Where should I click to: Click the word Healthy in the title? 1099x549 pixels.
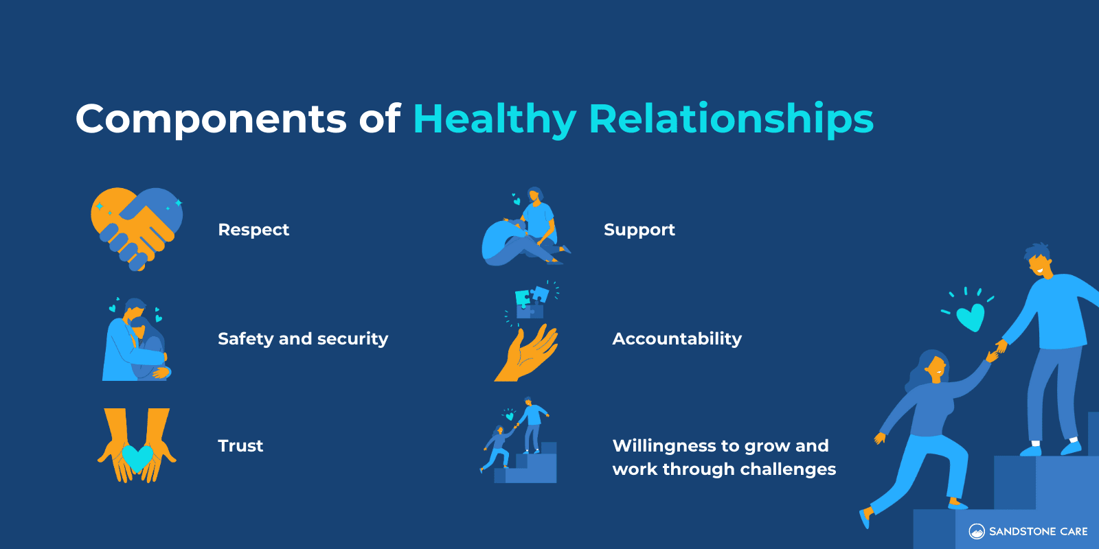pyautogui.click(x=495, y=119)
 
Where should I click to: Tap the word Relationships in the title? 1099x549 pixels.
pyautogui.click(x=731, y=119)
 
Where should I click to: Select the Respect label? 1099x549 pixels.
pyautogui.click(x=253, y=230)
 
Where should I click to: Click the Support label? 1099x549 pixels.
pyautogui.click(x=639, y=230)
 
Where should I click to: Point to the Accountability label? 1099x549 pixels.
pyautogui.click(x=677, y=339)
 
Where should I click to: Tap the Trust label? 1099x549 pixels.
pyautogui.click(x=240, y=446)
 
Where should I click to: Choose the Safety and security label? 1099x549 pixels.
pyautogui.click(x=303, y=339)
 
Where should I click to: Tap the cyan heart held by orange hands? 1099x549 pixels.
pyautogui.click(x=137, y=457)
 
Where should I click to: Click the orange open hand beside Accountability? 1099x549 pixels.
pyautogui.click(x=527, y=354)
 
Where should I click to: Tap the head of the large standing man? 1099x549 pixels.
pyautogui.click(x=1039, y=261)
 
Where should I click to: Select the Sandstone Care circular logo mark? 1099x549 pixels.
pyautogui.click(x=976, y=531)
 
